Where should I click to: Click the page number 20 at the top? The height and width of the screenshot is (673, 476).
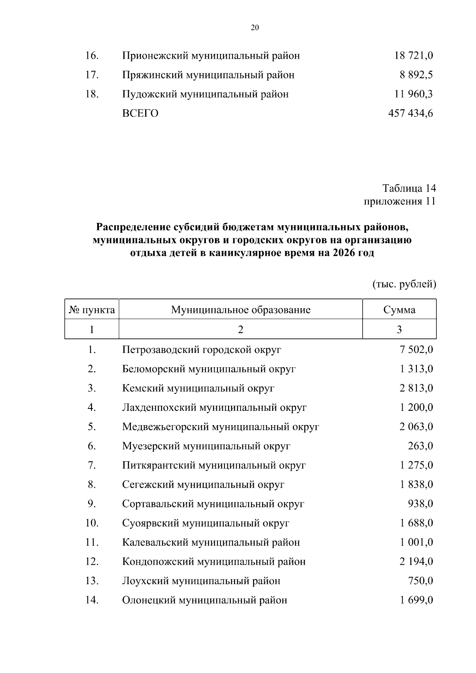pyautogui.click(x=255, y=27)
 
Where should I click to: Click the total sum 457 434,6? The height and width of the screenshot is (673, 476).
pyautogui.click(x=411, y=114)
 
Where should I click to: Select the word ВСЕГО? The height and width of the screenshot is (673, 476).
pyautogui.click(x=140, y=114)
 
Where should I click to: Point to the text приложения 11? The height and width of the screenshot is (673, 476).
pyautogui.click(x=400, y=201)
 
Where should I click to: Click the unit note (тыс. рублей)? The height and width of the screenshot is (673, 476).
pyautogui.click(x=404, y=284)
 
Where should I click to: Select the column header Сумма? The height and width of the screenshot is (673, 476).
pyautogui.click(x=399, y=310)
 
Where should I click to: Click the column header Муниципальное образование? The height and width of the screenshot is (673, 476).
pyautogui.click(x=240, y=310)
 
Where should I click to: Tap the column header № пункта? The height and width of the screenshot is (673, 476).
pyautogui.click(x=92, y=310)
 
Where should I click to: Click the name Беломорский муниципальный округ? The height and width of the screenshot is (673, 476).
pyautogui.click(x=209, y=369)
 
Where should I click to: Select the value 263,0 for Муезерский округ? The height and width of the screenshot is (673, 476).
pyautogui.click(x=420, y=446)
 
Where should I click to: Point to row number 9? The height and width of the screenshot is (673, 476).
pyautogui.click(x=92, y=504)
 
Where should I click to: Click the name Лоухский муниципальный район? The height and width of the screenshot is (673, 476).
pyautogui.click(x=201, y=581)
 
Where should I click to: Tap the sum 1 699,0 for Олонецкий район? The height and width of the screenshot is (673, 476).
pyautogui.click(x=416, y=600)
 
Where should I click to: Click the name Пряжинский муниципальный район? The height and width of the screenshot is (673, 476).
pyautogui.click(x=208, y=75)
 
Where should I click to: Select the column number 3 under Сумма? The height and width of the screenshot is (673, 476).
pyautogui.click(x=399, y=330)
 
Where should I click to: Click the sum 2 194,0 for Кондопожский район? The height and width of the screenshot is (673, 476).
pyautogui.click(x=416, y=562)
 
